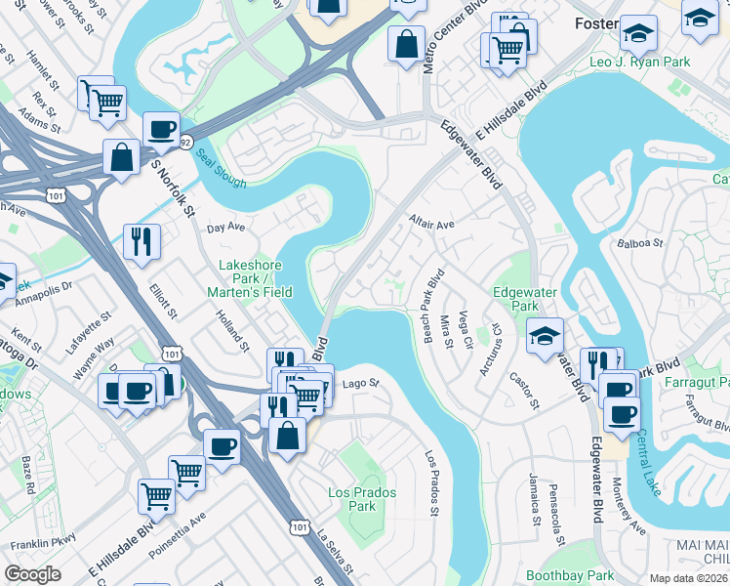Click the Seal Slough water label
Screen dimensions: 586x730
point(217,157)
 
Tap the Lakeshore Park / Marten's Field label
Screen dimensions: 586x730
point(250,278)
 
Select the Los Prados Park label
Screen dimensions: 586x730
point(362,500)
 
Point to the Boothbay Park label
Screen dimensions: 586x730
point(570,576)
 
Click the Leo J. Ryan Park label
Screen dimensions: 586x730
point(639,62)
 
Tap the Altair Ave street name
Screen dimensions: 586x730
point(432,225)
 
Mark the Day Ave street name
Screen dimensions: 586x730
point(223,227)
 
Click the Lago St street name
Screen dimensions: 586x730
point(359,384)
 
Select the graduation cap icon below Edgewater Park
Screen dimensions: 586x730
point(545,337)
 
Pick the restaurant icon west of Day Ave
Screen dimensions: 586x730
point(142,241)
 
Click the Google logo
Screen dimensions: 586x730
point(32,574)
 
